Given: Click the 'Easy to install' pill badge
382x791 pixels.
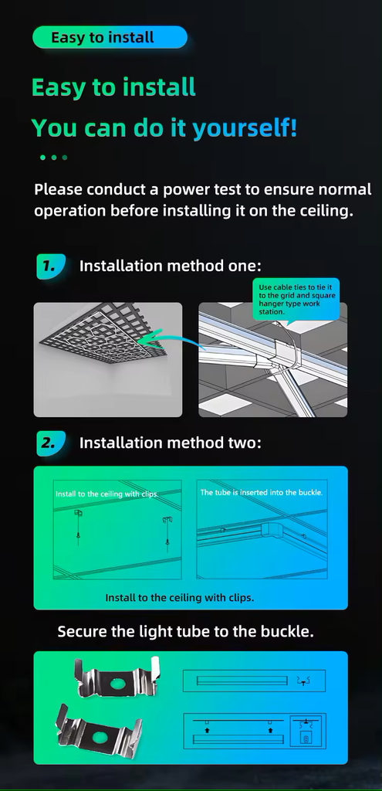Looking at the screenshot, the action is click(110, 37).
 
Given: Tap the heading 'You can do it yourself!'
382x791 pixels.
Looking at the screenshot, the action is click(164, 127).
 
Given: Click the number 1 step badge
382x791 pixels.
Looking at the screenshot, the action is click(51, 266).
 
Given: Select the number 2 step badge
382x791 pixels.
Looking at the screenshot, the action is click(51, 443).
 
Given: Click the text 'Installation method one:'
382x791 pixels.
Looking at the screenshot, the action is click(171, 266).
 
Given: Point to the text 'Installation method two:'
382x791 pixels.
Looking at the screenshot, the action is click(171, 443).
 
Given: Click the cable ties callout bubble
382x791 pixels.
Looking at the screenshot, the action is click(296, 299).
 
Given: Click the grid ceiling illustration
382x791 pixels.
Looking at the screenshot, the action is click(108, 359).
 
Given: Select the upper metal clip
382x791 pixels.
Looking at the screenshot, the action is click(118, 677).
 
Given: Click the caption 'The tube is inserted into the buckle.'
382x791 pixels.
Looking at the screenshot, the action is click(261, 492).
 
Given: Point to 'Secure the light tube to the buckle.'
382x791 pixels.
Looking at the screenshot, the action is click(185, 631).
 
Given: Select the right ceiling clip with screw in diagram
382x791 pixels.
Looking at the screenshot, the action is click(167, 531).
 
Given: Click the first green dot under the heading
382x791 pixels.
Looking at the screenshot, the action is click(43, 158).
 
